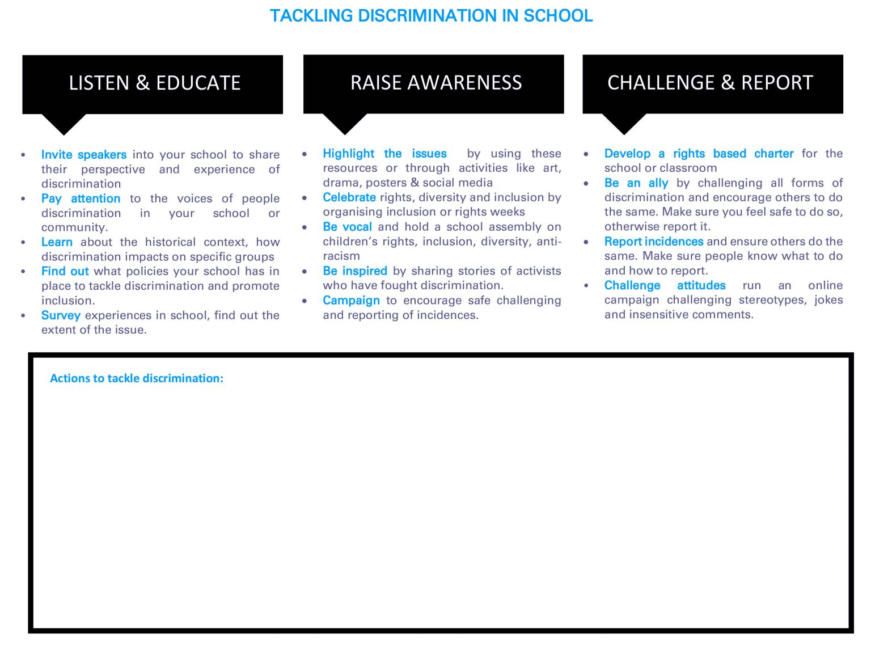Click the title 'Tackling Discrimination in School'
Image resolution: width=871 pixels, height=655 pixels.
(x=431, y=16)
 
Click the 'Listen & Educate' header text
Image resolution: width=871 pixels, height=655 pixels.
(x=154, y=83)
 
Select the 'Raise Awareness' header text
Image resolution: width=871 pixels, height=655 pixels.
(x=435, y=83)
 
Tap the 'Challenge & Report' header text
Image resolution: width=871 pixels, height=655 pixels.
(x=710, y=83)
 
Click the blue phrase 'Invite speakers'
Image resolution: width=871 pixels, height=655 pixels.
(x=83, y=155)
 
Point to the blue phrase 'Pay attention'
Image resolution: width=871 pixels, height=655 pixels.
(x=81, y=198)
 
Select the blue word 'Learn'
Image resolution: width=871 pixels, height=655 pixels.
(x=57, y=242)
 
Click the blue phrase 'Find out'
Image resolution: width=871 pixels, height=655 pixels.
(x=65, y=272)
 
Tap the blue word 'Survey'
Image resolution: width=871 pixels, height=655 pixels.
(x=61, y=315)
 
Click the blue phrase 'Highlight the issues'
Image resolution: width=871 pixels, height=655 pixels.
(x=384, y=154)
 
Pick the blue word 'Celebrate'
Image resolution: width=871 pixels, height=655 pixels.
(x=349, y=197)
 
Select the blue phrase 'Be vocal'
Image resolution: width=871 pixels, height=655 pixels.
(x=347, y=227)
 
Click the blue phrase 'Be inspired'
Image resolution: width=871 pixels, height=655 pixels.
(x=355, y=271)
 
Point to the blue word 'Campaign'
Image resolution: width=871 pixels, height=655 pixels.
(x=351, y=301)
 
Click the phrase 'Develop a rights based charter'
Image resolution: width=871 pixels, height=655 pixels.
(x=699, y=154)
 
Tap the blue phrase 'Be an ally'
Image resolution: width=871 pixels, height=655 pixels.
(x=636, y=183)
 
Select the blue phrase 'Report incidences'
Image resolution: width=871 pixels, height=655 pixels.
(x=653, y=242)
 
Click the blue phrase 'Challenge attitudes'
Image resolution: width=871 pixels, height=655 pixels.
(x=665, y=285)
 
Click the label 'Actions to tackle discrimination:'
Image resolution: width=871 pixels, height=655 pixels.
(x=137, y=378)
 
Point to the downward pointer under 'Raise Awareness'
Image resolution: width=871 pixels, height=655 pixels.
(x=345, y=123)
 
